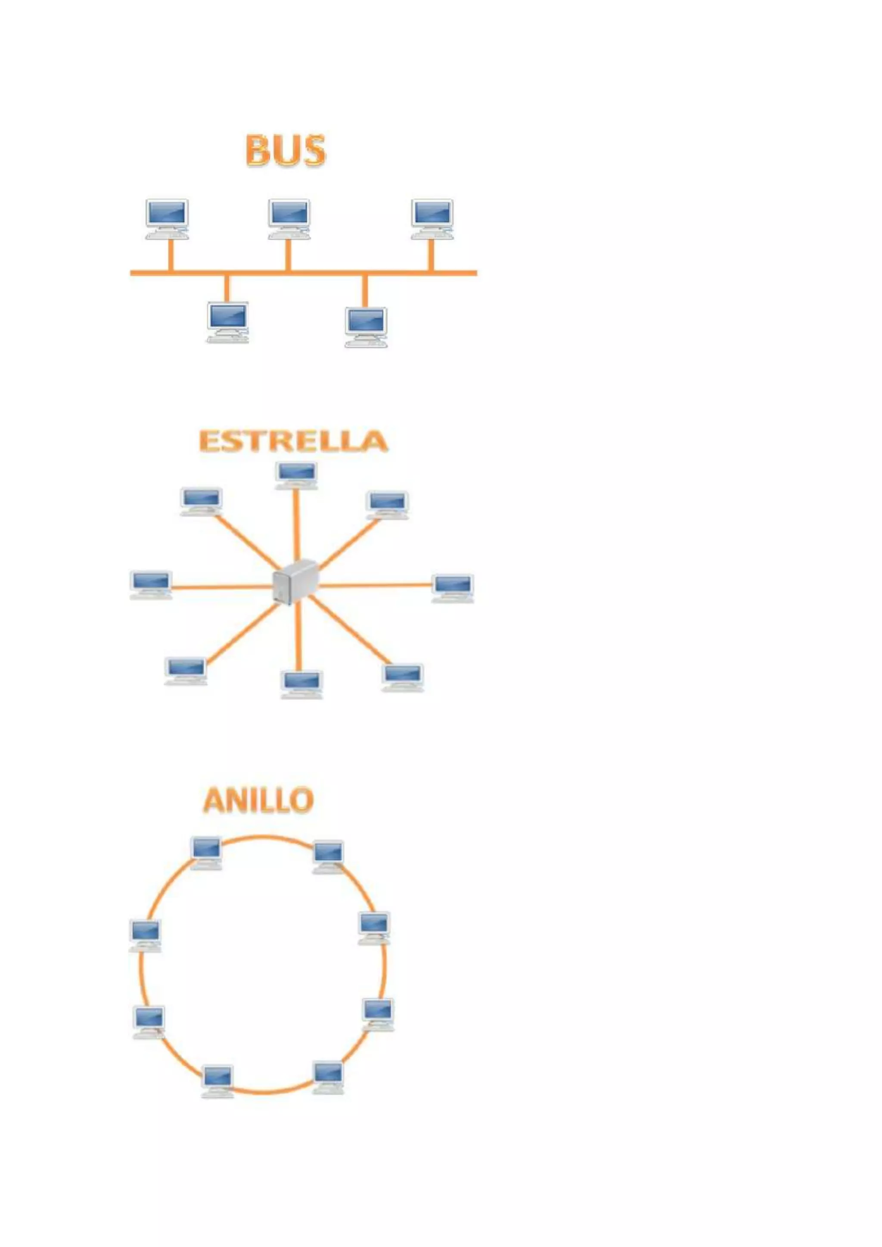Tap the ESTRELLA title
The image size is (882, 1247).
293,440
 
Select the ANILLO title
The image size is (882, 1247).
258,800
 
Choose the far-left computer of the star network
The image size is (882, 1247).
151,584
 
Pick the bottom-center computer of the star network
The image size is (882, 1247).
302,684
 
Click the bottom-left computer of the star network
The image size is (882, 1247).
186,671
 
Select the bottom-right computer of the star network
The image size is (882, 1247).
402,677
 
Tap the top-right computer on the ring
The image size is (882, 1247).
329,856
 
